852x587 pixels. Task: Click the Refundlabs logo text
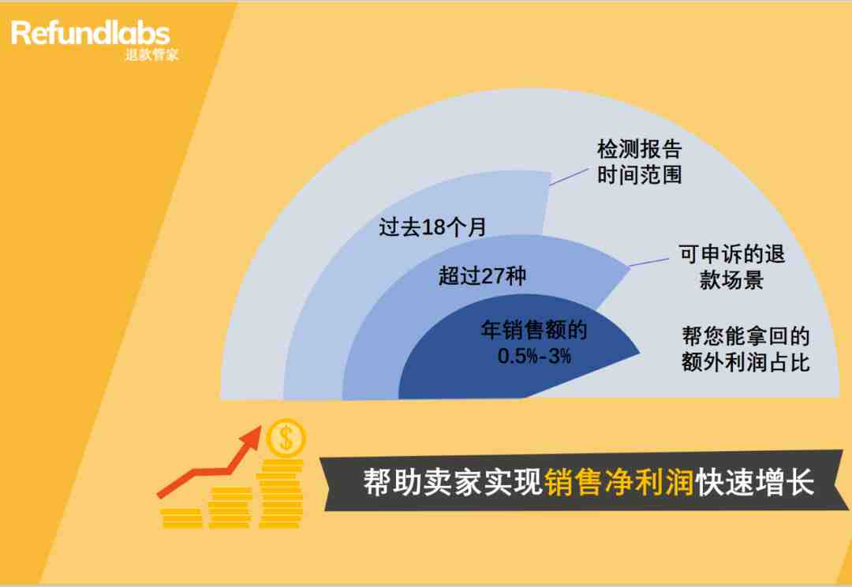click(x=90, y=33)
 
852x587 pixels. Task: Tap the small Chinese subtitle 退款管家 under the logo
click(x=151, y=55)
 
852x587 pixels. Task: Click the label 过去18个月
click(x=432, y=226)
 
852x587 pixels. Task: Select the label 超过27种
click(x=482, y=275)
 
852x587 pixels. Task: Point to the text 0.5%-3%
click(x=534, y=356)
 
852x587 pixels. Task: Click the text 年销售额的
click(x=533, y=330)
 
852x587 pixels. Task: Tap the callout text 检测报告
click(x=640, y=149)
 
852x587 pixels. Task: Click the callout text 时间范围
click(x=640, y=175)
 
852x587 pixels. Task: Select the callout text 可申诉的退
click(x=731, y=254)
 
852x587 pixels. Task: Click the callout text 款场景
click(x=731, y=280)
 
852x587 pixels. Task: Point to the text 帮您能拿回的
click(x=745, y=336)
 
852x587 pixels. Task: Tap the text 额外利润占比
click(x=745, y=362)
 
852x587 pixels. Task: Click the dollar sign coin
click(x=286, y=438)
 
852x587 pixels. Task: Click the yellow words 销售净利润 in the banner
click(x=619, y=481)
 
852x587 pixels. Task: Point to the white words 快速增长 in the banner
click(x=755, y=481)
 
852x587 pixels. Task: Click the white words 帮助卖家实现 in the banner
click(x=453, y=481)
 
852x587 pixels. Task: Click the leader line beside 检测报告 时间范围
click(x=569, y=177)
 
